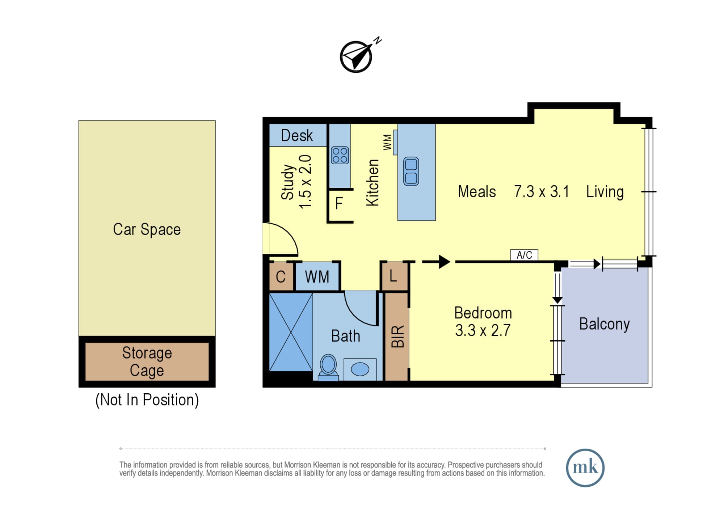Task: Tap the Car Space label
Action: pyautogui.click(x=147, y=229)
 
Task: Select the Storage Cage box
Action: pyautogui.click(x=147, y=361)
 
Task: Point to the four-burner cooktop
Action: pyautogui.click(x=340, y=155)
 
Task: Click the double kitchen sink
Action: pyautogui.click(x=411, y=172)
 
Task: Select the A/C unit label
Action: pyautogui.click(x=524, y=255)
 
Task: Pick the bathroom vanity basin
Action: pyautogui.click(x=360, y=369)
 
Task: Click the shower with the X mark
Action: pyautogui.click(x=291, y=332)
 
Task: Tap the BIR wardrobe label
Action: pyautogui.click(x=397, y=337)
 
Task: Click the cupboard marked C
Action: pyautogui.click(x=281, y=277)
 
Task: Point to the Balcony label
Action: pyautogui.click(x=605, y=324)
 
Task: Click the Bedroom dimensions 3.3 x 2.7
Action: pyautogui.click(x=483, y=330)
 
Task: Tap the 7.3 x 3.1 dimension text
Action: pyautogui.click(x=542, y=191)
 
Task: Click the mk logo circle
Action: pyautogui.click(x=585, y=468)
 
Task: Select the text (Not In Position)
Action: pyautogui.click(x=147, y=400)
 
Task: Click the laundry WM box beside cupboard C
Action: pyautogui.click(x=317, y=277)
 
